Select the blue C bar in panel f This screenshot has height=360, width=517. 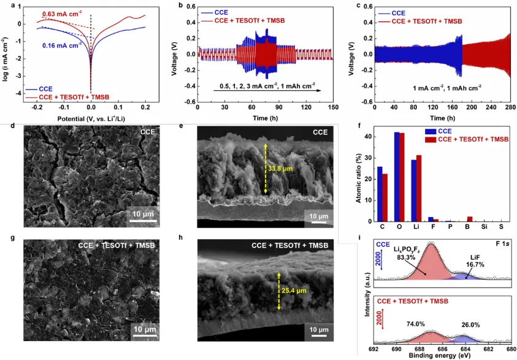(x=380, y=194)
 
